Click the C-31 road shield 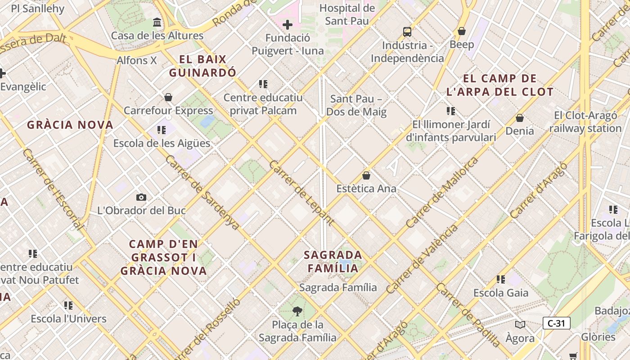click(x=556, y=323)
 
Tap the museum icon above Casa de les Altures click(x=157, y=22)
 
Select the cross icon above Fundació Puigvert click(x=288, y=25)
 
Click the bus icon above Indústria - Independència click(x=407, y=31)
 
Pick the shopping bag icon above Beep click(x=461, y=31)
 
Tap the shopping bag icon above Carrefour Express click(x=168, y=97)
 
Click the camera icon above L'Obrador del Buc click(x=141, y=197)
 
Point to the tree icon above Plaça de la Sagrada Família click(x=297, y=311)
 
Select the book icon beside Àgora click(x=520, y=324)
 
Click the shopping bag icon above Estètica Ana click(x=366, y=175)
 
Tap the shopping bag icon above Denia click(x=520, y=118)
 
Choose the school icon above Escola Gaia click(x=501, y=279)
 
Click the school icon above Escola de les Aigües click(x=162, y=130)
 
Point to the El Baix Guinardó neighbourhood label click(x=202, y=66)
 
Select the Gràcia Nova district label click(x=70, y=125)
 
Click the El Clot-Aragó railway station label click(x=585, y=122)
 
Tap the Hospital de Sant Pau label click(x=347, y=14)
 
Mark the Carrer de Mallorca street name click(x=442, y=193)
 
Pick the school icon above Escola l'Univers click(x=68, y=306)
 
